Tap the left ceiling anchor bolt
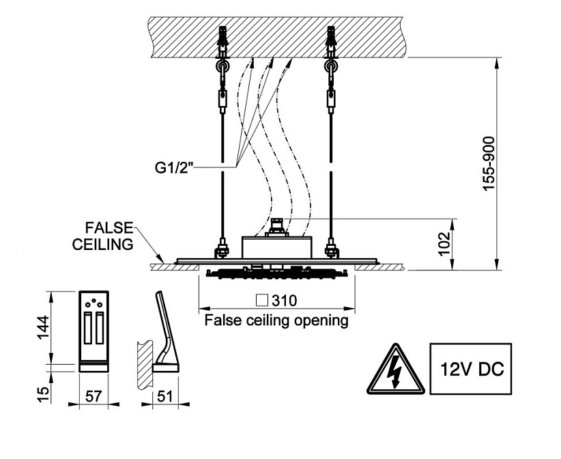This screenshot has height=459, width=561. point(223,41)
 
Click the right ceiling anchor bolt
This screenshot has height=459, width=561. point(332,41)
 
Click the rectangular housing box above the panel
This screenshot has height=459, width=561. point(277,246)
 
